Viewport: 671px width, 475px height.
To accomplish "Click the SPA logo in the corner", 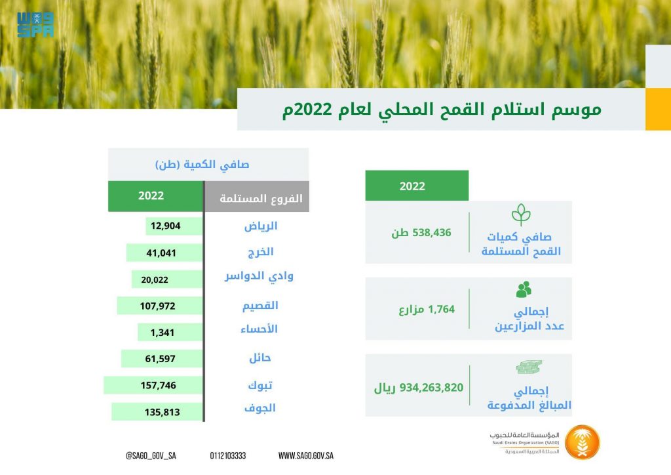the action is tap(35, 24).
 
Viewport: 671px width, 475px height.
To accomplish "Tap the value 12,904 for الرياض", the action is tap(166, 226).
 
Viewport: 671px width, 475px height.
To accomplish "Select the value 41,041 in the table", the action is tap(161, 253).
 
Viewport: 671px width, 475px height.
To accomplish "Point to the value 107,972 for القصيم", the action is tap(157, 306).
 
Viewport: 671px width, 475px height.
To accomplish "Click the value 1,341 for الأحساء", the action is tap(163, 333).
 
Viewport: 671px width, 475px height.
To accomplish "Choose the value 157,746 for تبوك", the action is tap(159, 386).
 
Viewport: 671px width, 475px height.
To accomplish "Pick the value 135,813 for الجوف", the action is tap(163, 412).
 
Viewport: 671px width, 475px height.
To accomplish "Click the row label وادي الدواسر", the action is tap(259, 276).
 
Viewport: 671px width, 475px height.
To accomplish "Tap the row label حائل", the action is tap(260, 358).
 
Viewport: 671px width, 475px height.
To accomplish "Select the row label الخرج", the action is tap(261, 252).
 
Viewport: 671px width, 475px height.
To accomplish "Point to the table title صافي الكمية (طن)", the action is tap(202, 165).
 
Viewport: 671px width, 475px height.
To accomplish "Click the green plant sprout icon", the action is tap(521, 215).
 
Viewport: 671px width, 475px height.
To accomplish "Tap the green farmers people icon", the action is tap(524, 289).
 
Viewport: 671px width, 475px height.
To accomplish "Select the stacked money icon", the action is tap(529, 367).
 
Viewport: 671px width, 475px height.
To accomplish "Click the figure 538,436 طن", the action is tap(421, 232).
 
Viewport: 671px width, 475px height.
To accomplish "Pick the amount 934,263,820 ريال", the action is tap(419, 388).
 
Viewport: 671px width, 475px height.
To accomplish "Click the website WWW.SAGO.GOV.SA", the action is tap(305, 456).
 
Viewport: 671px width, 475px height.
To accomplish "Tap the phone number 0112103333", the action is tap(227, 456).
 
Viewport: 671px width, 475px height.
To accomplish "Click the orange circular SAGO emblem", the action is tap(582, 442).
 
